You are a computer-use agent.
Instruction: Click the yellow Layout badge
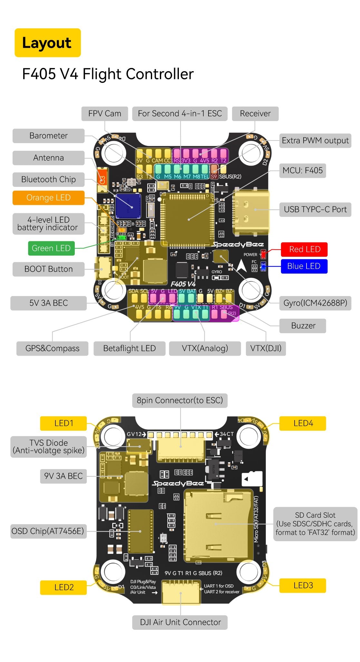click(47, 43)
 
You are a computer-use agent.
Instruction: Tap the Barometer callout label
click(48, 136)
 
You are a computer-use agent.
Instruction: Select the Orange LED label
click(48, 198)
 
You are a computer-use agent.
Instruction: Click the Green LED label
click(51, 248)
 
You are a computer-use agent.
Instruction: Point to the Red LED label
click(304, 249)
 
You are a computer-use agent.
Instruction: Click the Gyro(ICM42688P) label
click(315, 303)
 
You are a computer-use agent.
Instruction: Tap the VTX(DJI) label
click(266, 348)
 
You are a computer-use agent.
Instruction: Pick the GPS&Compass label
click(52, 348)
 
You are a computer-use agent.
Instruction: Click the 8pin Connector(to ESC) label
click(180, 400)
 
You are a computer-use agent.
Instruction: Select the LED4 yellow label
click(303, 423)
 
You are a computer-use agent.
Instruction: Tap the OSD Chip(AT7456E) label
click(48, 531)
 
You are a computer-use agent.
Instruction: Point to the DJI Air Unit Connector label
click(180, 622)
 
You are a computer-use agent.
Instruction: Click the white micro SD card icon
click(252, 479)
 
